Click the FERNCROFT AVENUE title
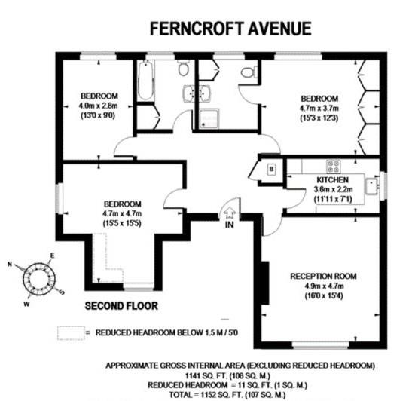pyautogui.click(x=230, y=29)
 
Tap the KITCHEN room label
pyautogui.click(x=333, y=180)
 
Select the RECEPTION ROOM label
pyautogui.click(x=323, y=276)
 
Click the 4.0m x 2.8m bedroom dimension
pyautogui.click(x=98, y=106)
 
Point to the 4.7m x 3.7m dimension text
pyautogui.click(x=319, y=109)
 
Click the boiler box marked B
pyautogui.click(x=271, y=169)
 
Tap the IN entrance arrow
pyautogui.click(x=230, y=212)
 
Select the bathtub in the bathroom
pyautogui.click(x=145, y=80)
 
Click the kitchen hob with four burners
pyautogui.click(x=334, y=167)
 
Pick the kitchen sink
pyautogui.click(x=372, y=186)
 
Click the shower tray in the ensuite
pyautogui.click(x=209, y=118)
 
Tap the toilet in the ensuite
pyautogui.click(x=249, y=72)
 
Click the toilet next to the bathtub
pyautogui.click(x=183, y=68)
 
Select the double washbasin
pyautogui.click(x=197, y=93)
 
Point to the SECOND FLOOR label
pyautogui.click(x=121, y=306)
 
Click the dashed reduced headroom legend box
pyautogui.click(x=72, y=333)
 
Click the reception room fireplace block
pyautogui.click(x=265, y=283)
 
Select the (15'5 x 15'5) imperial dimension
pyautogui.click(x=122, y=223)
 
